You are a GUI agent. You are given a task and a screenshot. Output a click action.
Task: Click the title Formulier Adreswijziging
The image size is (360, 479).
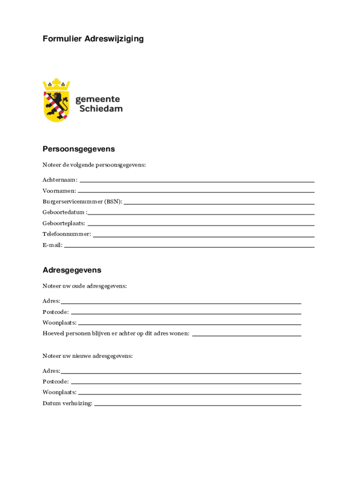93,39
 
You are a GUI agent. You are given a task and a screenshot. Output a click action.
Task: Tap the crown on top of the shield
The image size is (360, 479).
56,85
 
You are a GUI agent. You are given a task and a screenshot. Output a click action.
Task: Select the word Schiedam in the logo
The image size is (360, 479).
101,109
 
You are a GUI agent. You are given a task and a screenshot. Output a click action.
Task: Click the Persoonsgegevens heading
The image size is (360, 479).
79,149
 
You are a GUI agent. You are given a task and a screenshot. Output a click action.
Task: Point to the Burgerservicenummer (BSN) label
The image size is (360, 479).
82,202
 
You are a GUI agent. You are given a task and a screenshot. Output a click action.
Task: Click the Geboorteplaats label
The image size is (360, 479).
64,223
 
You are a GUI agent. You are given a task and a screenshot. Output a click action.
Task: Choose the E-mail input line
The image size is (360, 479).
189,247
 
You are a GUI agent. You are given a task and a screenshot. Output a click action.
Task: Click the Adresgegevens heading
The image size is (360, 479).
72,270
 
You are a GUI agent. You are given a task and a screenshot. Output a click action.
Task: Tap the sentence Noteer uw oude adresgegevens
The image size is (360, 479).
85,286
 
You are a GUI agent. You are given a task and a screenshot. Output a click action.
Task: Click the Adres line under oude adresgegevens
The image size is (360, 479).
180,303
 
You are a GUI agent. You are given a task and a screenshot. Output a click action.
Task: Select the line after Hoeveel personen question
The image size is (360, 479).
246,335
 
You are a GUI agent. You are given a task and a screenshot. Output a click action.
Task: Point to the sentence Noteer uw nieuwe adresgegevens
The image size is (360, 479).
87,356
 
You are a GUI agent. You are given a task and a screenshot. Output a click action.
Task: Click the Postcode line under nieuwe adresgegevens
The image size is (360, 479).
186,384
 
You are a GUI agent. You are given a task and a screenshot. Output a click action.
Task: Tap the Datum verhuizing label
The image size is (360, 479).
67,403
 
